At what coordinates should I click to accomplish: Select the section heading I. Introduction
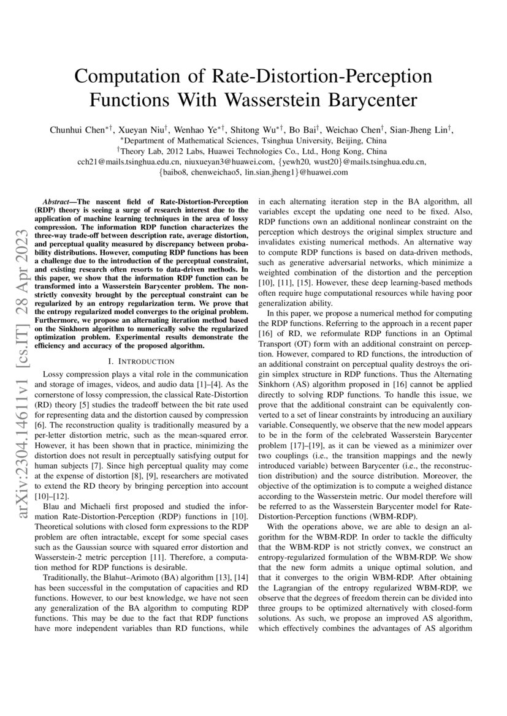pyautogui.click(x=142, y=362)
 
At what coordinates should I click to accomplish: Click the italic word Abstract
pyautogui.click(x=58, y=202)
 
